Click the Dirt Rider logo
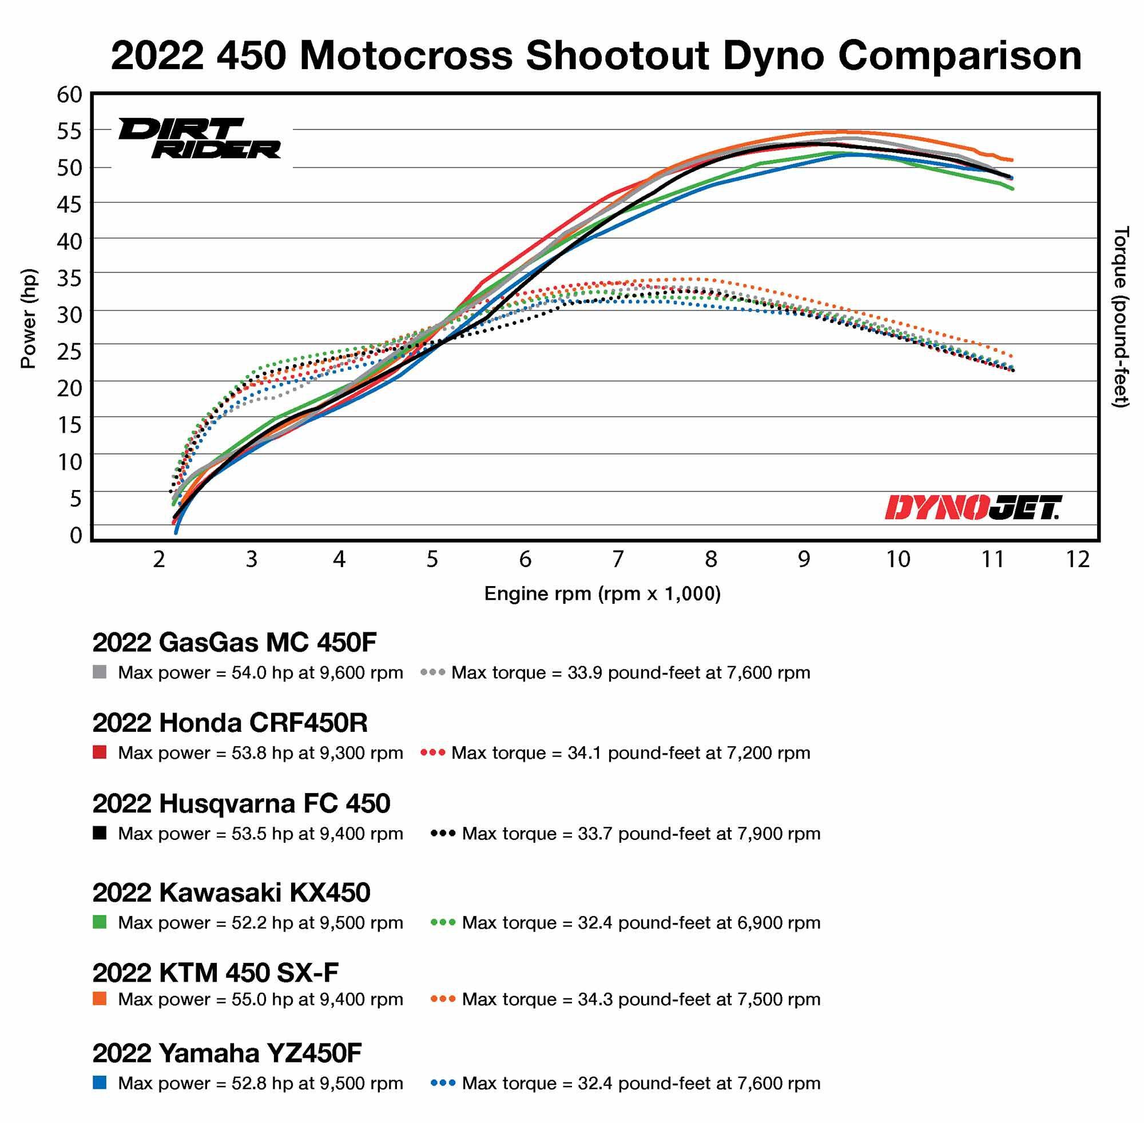(x=200, y=138)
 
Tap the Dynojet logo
(x=973, y=508)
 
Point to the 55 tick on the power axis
(x=70, y=131)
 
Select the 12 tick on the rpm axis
(x=1077, y=559)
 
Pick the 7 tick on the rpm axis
(x=618, y=559)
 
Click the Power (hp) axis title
(x=29, y=318)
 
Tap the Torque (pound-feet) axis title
(x=1120, y=317)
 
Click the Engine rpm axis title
(x=602, y=594)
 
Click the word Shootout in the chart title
(x=617, y=56)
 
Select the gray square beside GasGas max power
(x=100, y=672)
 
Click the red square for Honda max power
(x=100, y=752)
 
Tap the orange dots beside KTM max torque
(x=443, y=999)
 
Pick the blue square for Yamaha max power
(x=100, y=1083)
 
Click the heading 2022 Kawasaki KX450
(x=231, y=893)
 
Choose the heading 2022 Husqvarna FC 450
(x=241, y=803)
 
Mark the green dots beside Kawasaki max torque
(x=443, y=922)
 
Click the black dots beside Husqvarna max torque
(x=443, y=834)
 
